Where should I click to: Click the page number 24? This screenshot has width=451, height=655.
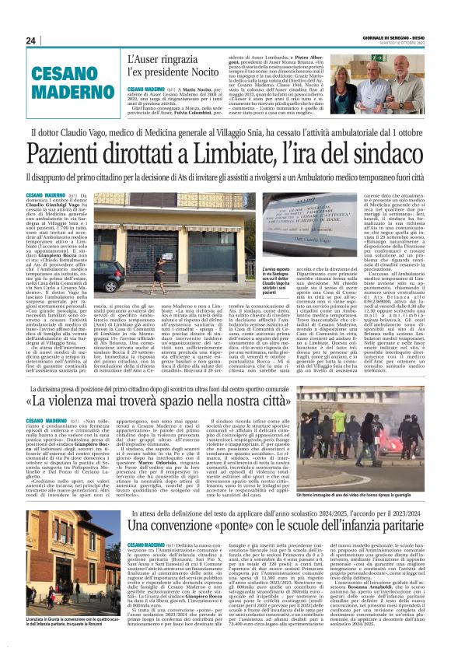pos(31,40)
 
